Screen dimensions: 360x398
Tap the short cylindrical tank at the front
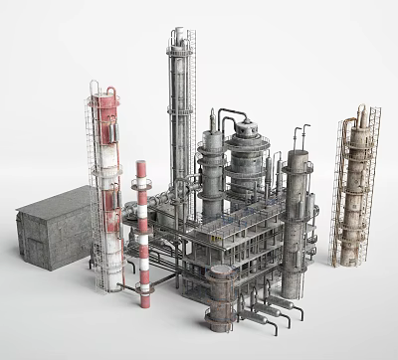pos(221,295)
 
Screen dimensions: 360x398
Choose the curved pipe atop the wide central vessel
pos(229,111)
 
